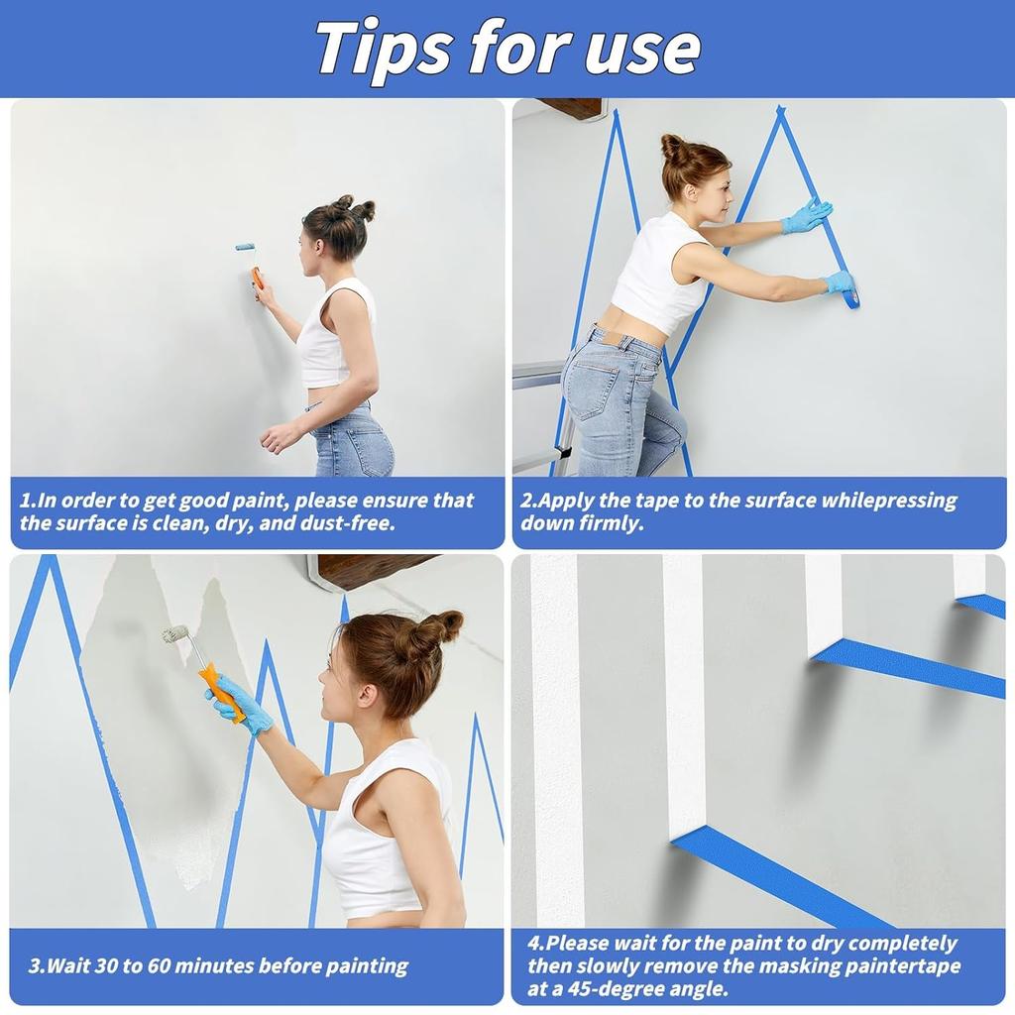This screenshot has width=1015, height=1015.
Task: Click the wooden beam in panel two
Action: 570,107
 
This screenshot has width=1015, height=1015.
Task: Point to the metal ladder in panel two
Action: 540,416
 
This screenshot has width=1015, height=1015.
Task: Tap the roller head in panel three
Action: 175,633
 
